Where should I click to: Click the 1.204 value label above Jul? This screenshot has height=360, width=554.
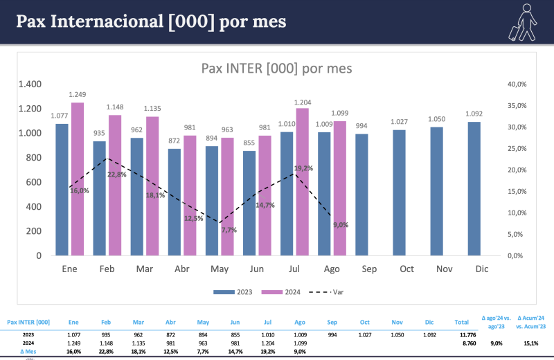click(x=303, y=102)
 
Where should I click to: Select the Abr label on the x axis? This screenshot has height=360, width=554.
click(x=182, y=269)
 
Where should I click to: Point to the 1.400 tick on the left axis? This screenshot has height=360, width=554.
click(x=30, y=84)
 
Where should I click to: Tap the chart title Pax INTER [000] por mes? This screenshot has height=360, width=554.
click(x=276, y=68)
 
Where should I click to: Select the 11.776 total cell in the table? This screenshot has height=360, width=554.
click(x=461, y=334)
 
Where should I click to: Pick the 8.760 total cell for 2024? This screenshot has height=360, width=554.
click(x=461, y=343)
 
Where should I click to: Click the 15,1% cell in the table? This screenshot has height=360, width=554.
click(x=531, y=343)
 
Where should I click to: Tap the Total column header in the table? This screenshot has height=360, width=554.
click(x=461, y=322)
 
